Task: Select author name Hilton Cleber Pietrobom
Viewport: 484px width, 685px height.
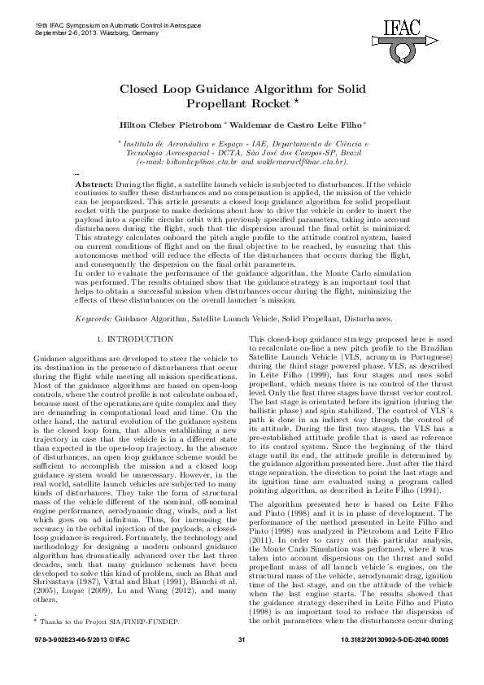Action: (175, 124)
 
